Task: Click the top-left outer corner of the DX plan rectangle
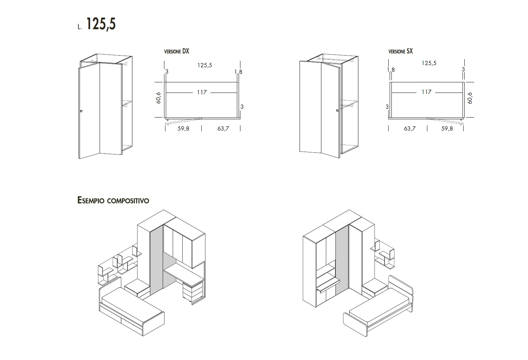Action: coord(164,82)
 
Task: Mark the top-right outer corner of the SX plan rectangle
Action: coord(464,82)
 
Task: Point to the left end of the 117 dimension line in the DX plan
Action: coord(166,93)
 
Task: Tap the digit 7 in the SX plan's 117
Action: coord(429,92)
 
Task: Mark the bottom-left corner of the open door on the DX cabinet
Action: coord(79,159)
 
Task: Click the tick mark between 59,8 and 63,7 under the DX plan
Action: coord(202,128)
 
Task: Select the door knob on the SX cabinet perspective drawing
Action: coord(337,110)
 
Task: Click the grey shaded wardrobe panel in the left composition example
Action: coord(157,260)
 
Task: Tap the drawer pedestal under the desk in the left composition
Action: coord(193,292)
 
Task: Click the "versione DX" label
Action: coord(177,51)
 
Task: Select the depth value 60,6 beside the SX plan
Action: coord(470,98)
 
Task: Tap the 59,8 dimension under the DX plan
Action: coord(183,129)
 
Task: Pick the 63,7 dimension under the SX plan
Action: coord(410,129)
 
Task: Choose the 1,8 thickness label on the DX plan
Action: coord(238,72)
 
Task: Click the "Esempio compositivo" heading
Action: coord(113,200)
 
